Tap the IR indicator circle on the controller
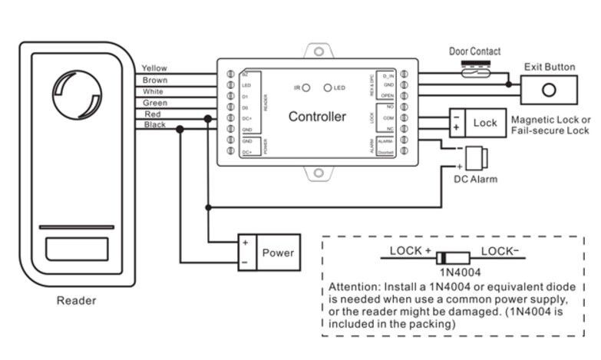(305, 88)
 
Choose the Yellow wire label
(154, 68)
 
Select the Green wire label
(155, 102)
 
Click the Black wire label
(155, 124)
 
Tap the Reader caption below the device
(76, 300)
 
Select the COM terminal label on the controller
(388, 117)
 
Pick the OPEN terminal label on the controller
(388, 94)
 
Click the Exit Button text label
(550, 67)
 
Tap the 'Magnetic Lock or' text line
(550, 121)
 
